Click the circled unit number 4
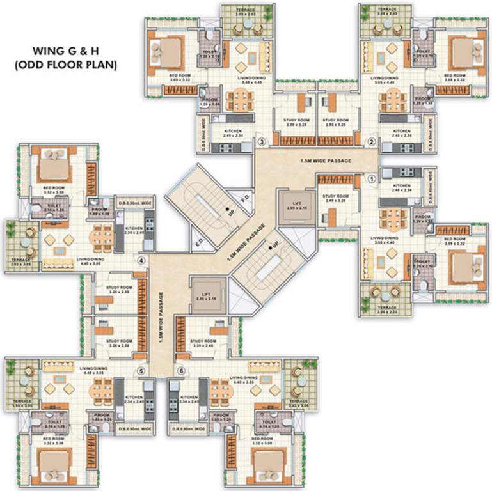142,260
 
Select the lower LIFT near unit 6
206,296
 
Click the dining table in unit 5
101,389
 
